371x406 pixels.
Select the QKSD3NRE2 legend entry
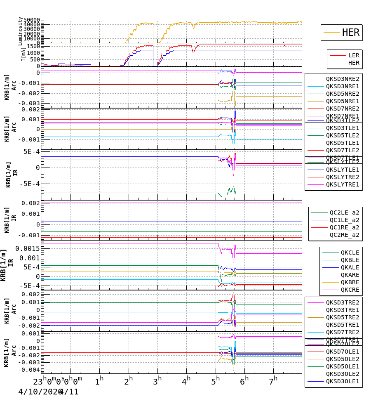[x=343, y=79]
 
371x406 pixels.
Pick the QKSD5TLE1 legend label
[x=343, y=143]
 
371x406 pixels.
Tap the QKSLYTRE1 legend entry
[x=343, y=184]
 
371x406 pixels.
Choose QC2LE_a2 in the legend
[x=344, y=212]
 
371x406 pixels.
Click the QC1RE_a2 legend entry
[x=344, y=227]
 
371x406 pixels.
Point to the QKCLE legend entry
[x=350, y=253]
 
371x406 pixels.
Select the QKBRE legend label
[x=350, y=282]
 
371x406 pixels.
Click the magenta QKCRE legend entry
[x=350, y=290]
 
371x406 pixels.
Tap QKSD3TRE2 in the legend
[x=343, y=302]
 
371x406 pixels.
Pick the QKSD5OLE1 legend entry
[x=343, y=366]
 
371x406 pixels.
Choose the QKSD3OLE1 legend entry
[x=343, y=381]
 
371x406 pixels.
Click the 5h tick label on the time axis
[x=216, y=380]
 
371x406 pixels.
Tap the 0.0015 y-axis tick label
[x=26, y=248]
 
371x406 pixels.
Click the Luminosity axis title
[x=20, y=31]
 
